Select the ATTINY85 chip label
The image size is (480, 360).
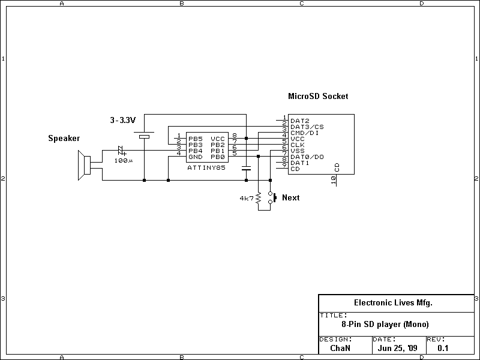206,169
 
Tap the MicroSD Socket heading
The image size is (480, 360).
318,96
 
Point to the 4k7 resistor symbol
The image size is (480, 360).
258,198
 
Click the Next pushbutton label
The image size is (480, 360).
290,197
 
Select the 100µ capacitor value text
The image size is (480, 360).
124,161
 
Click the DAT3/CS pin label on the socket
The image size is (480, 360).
307,127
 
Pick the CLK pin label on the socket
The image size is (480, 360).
298,145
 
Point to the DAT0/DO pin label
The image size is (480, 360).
307,157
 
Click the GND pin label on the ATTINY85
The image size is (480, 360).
196,157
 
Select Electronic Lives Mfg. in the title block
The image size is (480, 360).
393,303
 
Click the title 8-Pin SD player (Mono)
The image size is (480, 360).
385,325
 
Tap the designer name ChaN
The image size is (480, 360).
341,347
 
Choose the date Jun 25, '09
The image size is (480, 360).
398,347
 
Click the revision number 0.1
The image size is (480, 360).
443,347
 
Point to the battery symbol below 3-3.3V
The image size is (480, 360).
144,136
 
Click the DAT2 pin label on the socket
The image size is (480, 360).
299,121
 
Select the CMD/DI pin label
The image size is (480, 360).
304,133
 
